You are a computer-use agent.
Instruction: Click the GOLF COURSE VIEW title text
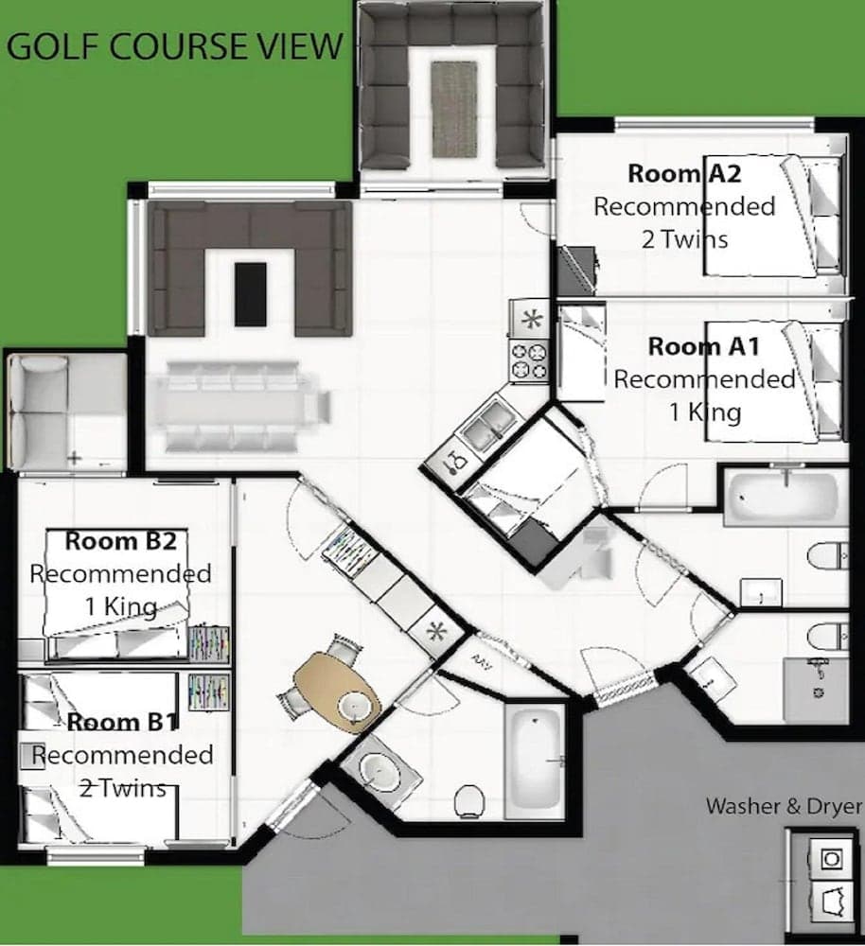coord(174,45)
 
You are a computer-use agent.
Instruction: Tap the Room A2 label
coord(683,173)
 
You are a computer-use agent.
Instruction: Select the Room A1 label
coord(703,346)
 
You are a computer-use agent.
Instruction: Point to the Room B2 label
coord(120,541)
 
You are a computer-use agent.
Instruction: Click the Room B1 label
coord(122,723)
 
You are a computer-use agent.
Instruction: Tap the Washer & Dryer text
coord(784,807)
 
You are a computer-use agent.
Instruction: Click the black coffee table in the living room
coord(250,295)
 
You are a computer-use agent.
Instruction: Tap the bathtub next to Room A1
coord(785,496)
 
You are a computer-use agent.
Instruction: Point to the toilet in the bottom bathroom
coord(469,801)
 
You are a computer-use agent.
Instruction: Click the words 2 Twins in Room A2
coord(684,238)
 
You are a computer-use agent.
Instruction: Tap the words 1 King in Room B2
coord(120,605)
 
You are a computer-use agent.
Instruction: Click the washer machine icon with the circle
coord(830,858)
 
